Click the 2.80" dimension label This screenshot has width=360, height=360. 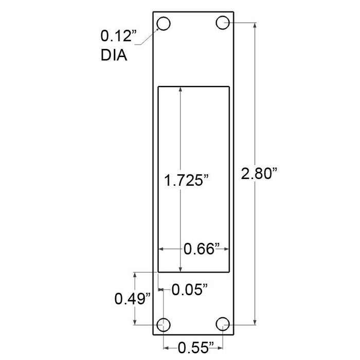point(259,174)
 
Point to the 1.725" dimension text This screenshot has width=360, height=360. point(186,180)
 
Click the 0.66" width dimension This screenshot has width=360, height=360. point(202,249)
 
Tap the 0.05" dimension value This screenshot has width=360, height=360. point(190,290)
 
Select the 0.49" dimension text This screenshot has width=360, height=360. point(133,299)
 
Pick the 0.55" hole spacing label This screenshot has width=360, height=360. point(196,348)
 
